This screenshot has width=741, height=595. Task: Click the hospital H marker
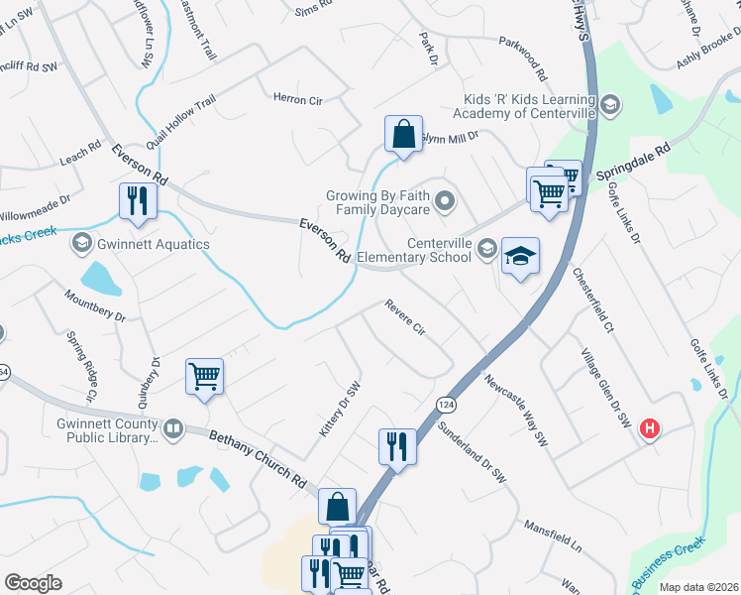650,428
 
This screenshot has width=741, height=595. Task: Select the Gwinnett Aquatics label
139,244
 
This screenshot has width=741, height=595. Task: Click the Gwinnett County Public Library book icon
173,428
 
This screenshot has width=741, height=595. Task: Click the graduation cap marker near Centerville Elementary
520,258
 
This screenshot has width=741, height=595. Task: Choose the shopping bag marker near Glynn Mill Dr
403,136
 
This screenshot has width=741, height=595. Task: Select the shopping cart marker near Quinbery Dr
204,377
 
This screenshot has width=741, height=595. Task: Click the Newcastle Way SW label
515,408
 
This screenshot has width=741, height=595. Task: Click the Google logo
33,582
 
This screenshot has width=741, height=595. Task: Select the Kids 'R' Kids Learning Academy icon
609,103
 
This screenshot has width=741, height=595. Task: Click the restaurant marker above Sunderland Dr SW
396,446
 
